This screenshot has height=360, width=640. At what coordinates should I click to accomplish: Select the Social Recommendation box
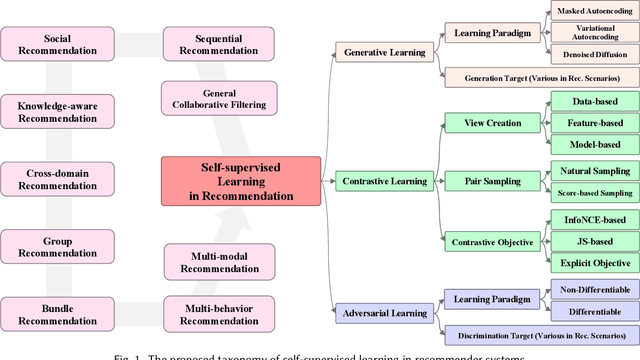(x=48, y=42)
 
